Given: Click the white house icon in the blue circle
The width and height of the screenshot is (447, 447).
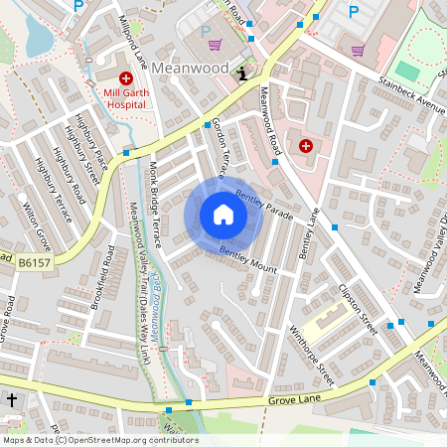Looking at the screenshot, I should pyautogui.click(x=223, y=214).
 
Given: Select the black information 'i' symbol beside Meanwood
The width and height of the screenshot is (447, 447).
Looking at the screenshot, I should pyautogui.click(x=243, y=73).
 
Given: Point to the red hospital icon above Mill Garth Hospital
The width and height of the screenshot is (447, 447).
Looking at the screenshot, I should pyautogui.click(x=126, y=77).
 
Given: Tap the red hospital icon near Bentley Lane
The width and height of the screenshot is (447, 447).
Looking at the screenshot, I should pyautogui.click(x=305, y=146).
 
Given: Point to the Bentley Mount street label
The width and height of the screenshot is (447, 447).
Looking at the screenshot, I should pyautogui.click(x=247, y=260).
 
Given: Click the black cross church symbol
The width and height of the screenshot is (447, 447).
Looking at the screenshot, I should pyautogui.click(x=12, y=399).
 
